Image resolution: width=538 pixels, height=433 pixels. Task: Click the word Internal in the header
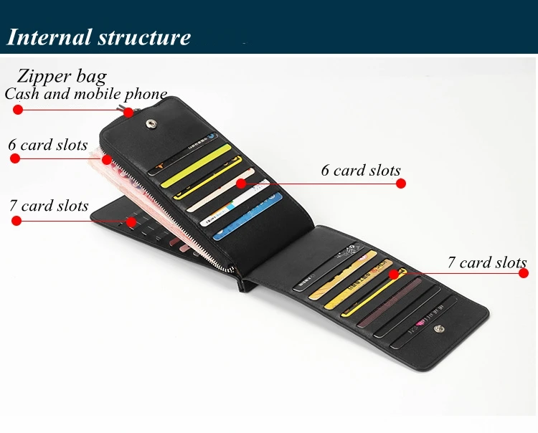click(48, 37)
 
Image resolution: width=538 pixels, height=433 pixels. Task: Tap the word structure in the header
click(145, 37)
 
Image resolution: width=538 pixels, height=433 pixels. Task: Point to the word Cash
click(22, 94)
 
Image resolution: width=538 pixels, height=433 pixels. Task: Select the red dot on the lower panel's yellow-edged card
click(393, 274)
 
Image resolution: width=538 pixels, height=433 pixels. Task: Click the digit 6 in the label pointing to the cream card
click(326, 171)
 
